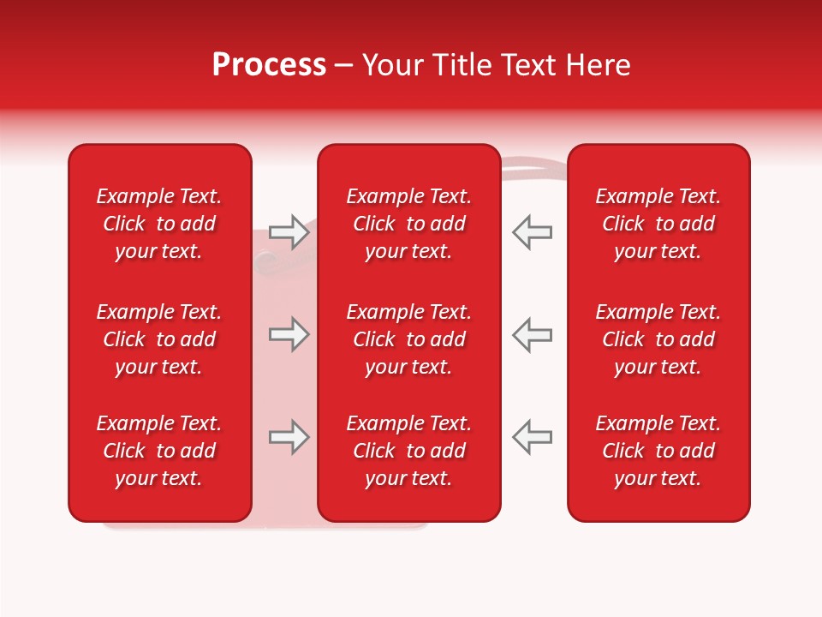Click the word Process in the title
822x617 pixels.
coord(269,65)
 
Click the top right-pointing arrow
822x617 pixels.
coord(289,232)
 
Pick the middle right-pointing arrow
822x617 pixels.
coord(289,334)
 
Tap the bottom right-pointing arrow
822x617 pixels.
coord(289,437)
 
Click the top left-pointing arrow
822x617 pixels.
coord(533,232)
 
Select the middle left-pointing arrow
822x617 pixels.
coord(533,334)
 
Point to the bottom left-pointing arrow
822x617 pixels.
coord(533,437)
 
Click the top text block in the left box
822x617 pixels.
coord(159,224)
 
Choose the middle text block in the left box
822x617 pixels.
coord(159,339)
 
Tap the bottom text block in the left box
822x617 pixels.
coord(159,451)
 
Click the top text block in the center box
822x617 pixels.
coord(409,224)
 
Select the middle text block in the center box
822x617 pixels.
coord(409,339)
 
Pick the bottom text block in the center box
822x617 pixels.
coord(409,451)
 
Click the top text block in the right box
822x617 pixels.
coord(658,224)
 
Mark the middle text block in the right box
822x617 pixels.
coord(658,339)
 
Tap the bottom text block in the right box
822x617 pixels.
coord(658,451)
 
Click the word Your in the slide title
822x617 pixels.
coord(390,65)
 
